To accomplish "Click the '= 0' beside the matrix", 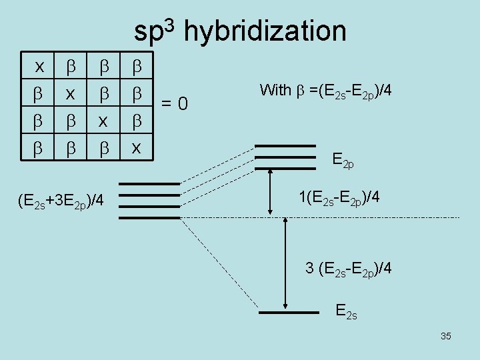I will pyautogui.click(x=176, y=103).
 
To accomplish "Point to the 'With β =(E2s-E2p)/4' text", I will pyautogui.click(x=325, y=89).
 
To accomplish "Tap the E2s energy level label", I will pyautogui.click(x=347, y=311).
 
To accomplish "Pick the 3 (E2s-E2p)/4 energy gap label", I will pyautogui.click(x=348, y=269).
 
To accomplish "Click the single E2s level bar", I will pyautogui.click(x=288, y=311).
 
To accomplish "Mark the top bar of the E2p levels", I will pyautogui.click(x=285, y=145).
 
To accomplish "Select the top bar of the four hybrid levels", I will pyautogui.click(x=150, y=183).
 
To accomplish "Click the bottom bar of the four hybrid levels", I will pyautogui.click(x=150, y=217).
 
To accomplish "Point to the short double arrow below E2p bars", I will pyautogui.click(x=270, y=190).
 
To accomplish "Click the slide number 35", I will pyautogui.click(x=446, y=336).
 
